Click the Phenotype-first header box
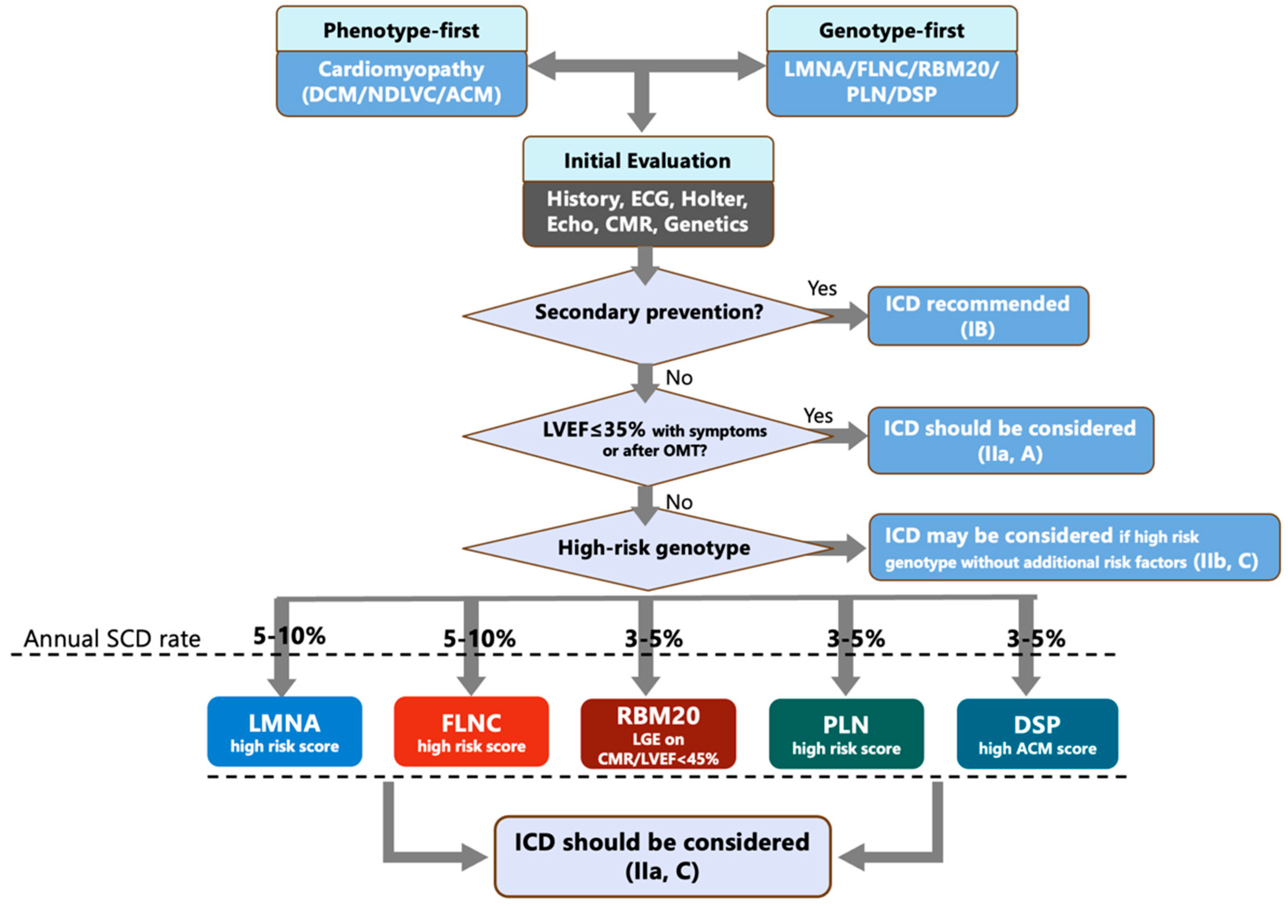(x=401, y=30)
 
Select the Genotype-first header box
(x=891, y=30)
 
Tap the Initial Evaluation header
(x=647, y=160)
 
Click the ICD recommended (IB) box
(x=978, y=316)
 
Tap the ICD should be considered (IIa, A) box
(x=1010, y=440)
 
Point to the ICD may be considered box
(x=1073, y=548)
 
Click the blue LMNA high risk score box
(x=285, y=731)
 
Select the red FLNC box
(x=471, y=731)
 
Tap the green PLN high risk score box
(x=846, y=734)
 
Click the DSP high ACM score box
(x=1037, y=734)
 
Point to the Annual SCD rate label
(x=112, y=639)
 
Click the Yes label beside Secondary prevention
(x=822, y=289)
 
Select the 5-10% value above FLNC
(x=479, y=639)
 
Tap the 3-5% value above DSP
(x=1036, y=639)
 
